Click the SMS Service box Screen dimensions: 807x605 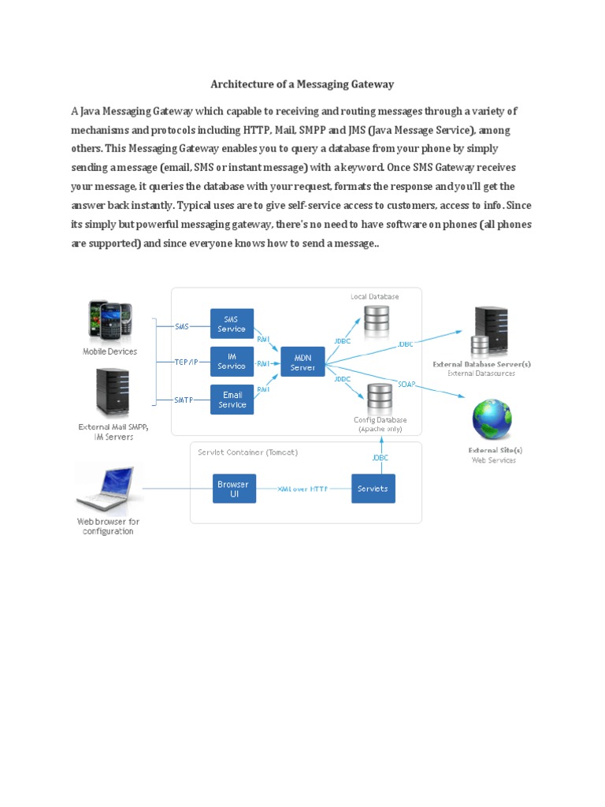pos(232,324)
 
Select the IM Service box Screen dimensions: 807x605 pos(232,362)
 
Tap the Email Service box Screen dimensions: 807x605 pos(232,400)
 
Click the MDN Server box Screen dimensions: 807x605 pos(302,363)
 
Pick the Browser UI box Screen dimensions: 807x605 pos(233,489)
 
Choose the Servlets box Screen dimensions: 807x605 pos(373,489)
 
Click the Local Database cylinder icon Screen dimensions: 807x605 pos(377,318)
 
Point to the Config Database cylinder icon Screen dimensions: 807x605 pos(380,397)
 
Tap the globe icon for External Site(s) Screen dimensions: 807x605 pos(492,420)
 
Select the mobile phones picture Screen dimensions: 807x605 pos(110,322)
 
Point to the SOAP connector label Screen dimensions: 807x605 pos(406,385)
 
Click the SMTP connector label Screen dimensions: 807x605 pos(184,400)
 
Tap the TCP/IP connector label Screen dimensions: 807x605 pos(185,363)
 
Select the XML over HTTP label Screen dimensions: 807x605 pos(302,489)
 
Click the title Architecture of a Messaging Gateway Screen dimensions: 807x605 pos(302,84)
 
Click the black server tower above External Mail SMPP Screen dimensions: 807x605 pos(112,392)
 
